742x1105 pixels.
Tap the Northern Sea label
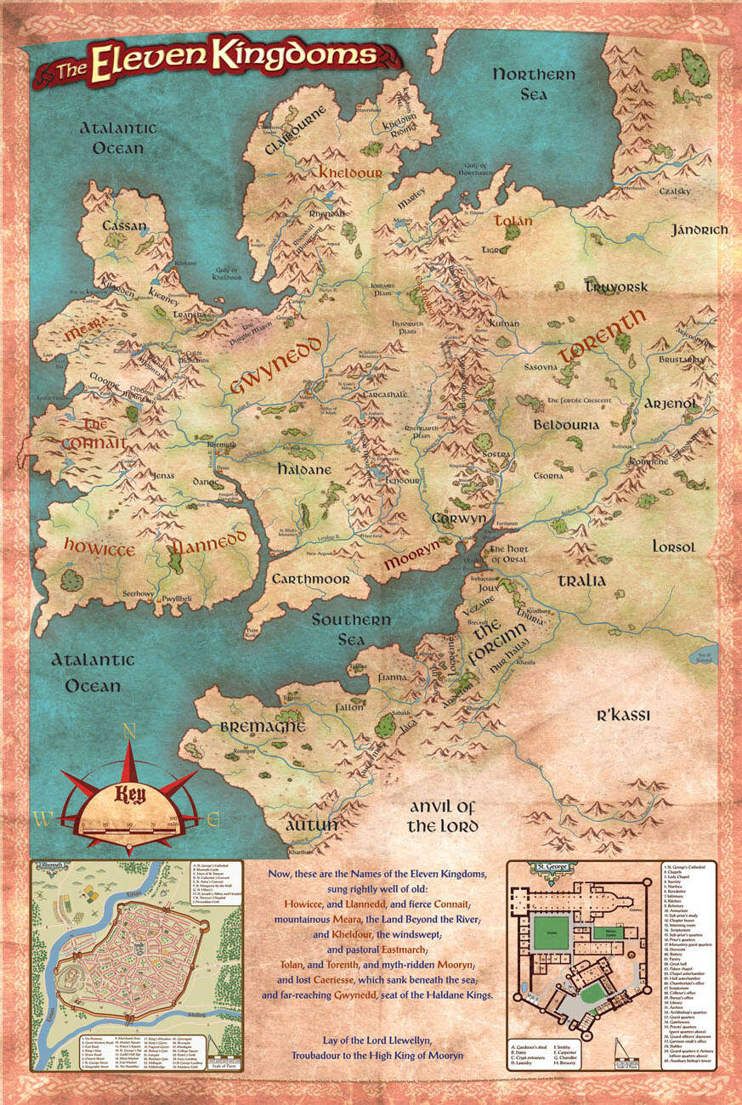(x=534, y=84)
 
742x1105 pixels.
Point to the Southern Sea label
(x=350, y=629)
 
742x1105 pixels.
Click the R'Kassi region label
(x=622, y=716)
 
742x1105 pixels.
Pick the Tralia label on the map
(x=582, y=581)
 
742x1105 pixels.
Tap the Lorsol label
(x=673, y=546)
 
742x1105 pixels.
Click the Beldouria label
(x=567, y=423)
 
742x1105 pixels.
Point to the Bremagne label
(x=251, y=728)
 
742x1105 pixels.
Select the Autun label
(x=311, y=824)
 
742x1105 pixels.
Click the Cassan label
(x=124, y=226)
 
